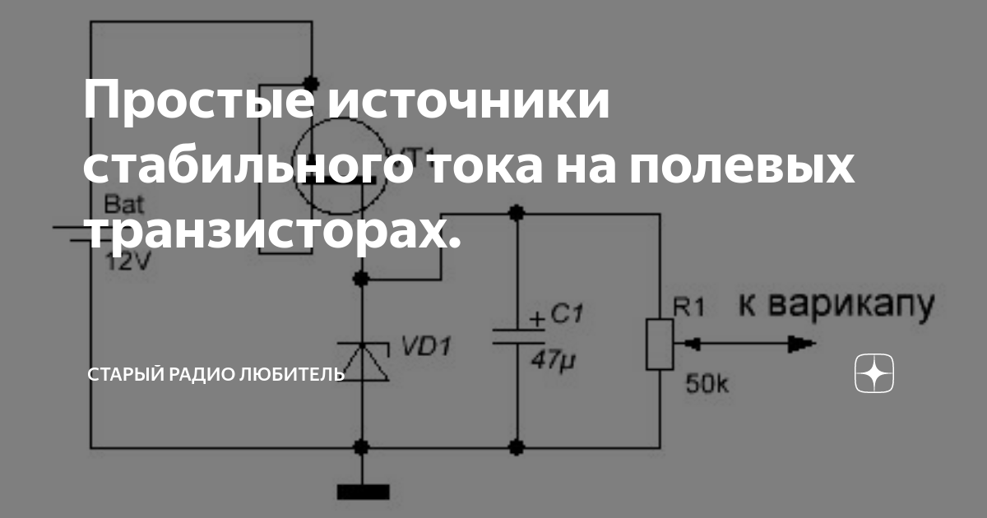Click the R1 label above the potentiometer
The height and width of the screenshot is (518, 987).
pyautogui.click(x=689, y=308)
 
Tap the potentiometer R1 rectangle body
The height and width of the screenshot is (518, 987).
pyautogui.click(x=660, y=343)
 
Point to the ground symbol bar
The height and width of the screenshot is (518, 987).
pyautogui.click(x=363, y=492)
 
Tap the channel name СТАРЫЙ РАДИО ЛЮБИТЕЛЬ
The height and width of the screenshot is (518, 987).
pyautogui.click(x=216, y=376)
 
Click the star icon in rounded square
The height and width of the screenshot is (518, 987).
pyautogui.click(x=873, y=375)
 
